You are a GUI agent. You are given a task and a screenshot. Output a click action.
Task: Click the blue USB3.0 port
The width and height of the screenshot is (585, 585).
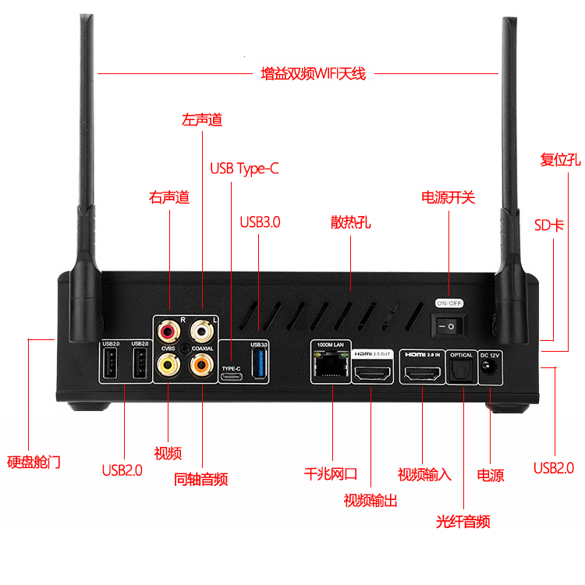[x=259, y=365]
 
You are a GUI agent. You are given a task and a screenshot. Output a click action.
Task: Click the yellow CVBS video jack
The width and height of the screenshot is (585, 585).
[x=168, y=363]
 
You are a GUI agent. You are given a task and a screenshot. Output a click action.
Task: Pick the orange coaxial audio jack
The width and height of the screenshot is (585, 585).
[x=202, y=363]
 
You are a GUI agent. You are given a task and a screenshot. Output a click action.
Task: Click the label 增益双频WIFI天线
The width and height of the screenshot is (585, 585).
[x=313, y=74]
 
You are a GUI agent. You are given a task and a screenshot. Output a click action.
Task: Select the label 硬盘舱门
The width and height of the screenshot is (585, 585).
[x=33, y=463]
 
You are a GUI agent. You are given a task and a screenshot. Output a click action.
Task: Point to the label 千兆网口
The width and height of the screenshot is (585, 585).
[x=331, y=473]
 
